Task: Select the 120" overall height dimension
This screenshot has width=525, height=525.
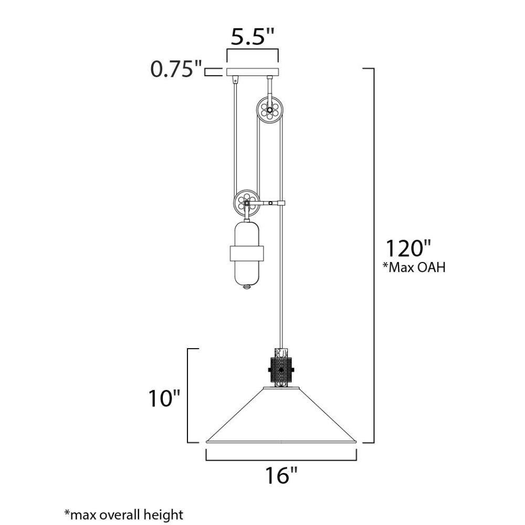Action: click(x=408, y=248)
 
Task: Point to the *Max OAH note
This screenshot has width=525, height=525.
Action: click(x=414, y=268)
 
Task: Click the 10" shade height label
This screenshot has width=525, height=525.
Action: click(x=164, y=398)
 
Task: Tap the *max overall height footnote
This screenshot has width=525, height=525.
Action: click(x=124, y=514)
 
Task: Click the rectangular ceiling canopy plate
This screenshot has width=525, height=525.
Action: click(x=253, y=71)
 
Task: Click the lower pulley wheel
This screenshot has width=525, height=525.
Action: click(x=247, y=203)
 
